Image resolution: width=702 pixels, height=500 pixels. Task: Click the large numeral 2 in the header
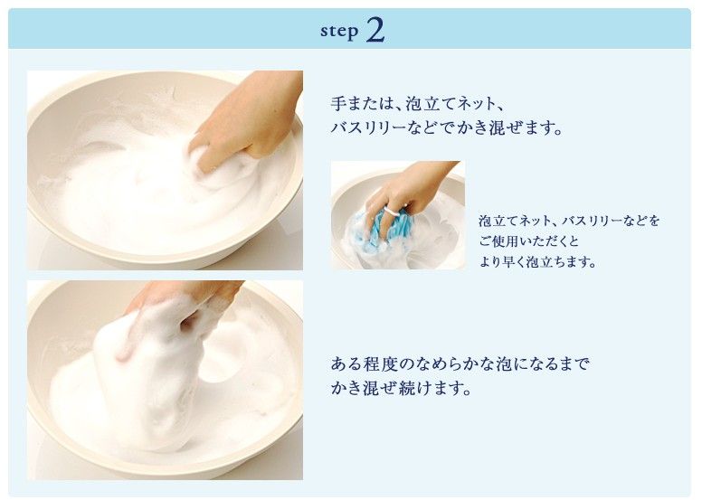(x=375, y=30)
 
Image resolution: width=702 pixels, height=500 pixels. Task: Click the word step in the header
(x=339, y=32)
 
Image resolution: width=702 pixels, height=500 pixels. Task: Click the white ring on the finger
(x=393, y=211)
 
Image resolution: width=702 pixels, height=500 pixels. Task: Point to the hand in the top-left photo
(x=246, y=121)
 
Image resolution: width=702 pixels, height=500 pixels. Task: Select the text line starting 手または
(x=418, y=104)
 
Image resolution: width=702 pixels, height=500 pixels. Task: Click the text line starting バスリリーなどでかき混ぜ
(x=446, y=128)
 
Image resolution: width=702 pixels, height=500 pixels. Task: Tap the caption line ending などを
(x=570, y=221)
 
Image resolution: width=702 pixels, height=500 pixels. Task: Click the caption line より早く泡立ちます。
(x=537, y=262)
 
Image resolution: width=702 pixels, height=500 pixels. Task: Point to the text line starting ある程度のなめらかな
(x=460, y=363)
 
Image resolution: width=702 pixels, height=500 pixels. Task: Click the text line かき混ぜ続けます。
(x=401, y=388)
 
